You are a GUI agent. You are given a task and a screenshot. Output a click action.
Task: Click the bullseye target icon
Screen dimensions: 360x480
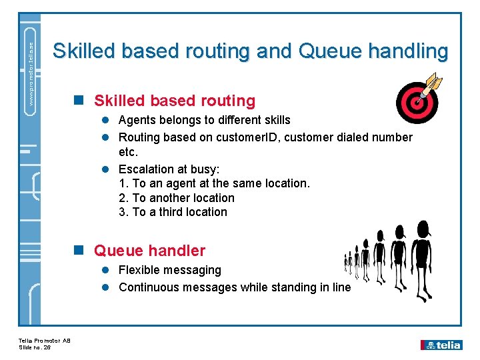[x=417, y=103]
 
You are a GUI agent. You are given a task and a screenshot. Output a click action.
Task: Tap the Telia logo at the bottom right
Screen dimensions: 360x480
[x=441, y=345]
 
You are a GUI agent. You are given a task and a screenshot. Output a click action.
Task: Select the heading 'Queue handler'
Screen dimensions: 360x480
[x=149, y=251]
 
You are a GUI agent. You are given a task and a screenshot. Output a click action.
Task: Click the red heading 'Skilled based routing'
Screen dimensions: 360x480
[x=174, y=101]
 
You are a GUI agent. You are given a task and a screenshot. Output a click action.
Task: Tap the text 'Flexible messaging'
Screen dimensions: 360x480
[x=169, y=270]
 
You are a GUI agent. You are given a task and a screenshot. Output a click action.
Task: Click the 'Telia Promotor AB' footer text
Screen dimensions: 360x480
[x=44, y=341]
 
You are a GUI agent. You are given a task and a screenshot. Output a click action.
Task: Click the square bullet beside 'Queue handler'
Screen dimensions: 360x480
[x=79, y=251]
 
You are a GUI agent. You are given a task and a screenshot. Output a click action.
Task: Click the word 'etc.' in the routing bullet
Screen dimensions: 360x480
[x=128, y=153]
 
